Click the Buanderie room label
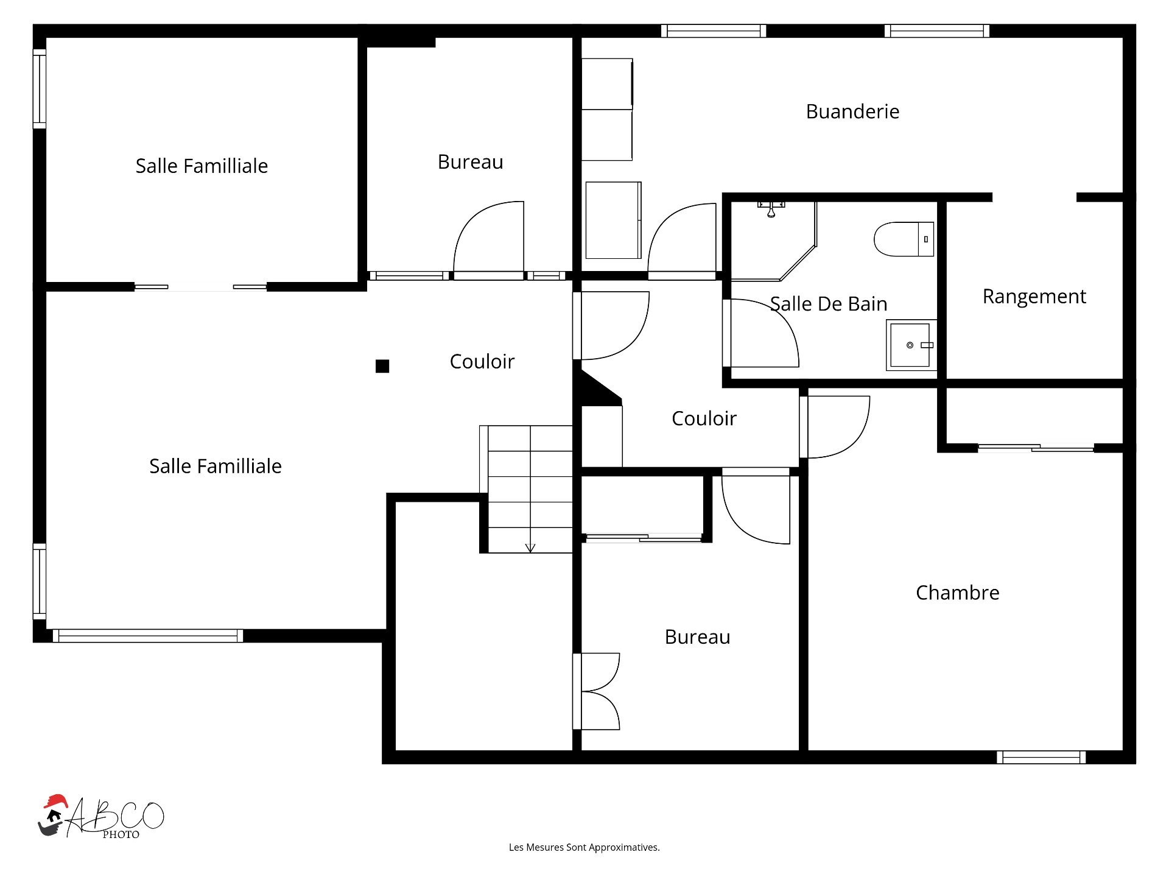[852, 111]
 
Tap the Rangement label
[1034, 297]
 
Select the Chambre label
[958, 593]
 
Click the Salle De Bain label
[829, 304]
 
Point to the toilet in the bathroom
[904, 239]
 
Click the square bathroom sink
[911, 345]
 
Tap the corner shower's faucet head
[771, 209]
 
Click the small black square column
[382, 366]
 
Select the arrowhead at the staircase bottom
[530, 548]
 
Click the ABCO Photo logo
[101, 816]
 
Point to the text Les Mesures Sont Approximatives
[584, 847]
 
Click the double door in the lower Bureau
[597, 691]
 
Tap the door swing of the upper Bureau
[488, 238]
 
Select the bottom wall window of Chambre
[1041, 757]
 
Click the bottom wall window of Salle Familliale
[148, 636]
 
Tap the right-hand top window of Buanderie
[937, 30]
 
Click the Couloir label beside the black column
[482, 362]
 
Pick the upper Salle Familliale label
[202, 166]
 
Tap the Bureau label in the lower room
[697, 637]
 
